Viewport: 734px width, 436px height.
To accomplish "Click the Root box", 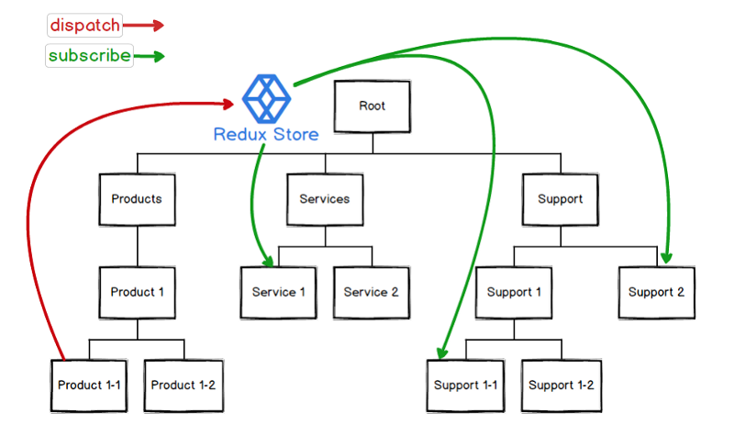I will [x=372, y=106].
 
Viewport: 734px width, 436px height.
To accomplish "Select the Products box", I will [x=137, y=199].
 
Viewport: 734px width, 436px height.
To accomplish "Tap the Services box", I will [x=325, y=199].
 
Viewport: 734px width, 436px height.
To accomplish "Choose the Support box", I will [x=560, y=199].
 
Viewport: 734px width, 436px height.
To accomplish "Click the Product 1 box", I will [x=137, y=293].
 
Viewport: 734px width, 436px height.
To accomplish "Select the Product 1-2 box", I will [x=183, y=386].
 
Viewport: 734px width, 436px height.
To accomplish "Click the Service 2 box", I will [x=371, y=293].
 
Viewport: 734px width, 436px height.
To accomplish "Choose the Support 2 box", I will [x=655, y=293].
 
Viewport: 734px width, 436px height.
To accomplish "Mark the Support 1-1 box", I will [x=466, y=386].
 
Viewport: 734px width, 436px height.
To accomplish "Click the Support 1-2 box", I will [x=561, y=386].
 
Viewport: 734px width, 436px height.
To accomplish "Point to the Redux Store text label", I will [x=266, y=135].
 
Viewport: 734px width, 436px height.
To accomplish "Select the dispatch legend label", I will [x=83, y=26].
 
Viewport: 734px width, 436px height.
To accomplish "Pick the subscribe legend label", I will [x=89, y=56].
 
